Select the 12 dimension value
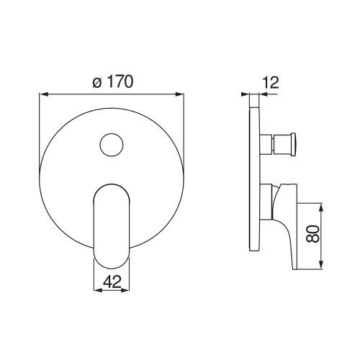[x=271, y=83]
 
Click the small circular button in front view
[x=112, y=146]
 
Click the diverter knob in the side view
[x=282, y=144]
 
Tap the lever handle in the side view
[x=284, y=220]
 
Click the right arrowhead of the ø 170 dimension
[x=181, y=94]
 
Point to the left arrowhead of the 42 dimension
[x=96, y=291]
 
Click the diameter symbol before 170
[x=97, y=83]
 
